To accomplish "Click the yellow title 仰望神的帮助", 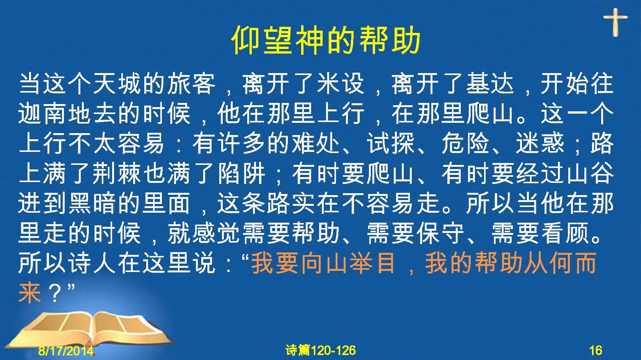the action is pyautogui.click(x=326, y=41).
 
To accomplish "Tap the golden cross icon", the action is pyautogui.click(x=615, y=22).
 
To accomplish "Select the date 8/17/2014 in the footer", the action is pyautogui.click(x=66, y=350).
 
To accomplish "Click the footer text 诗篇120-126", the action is pyautogui.click(x=321, y=350).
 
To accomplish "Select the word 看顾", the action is pyautogui.click(x=566, y=233).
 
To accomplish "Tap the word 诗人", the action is pyautogui.click(x=92, y=263).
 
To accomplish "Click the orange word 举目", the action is pyautogui.click(x=372, y=263).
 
